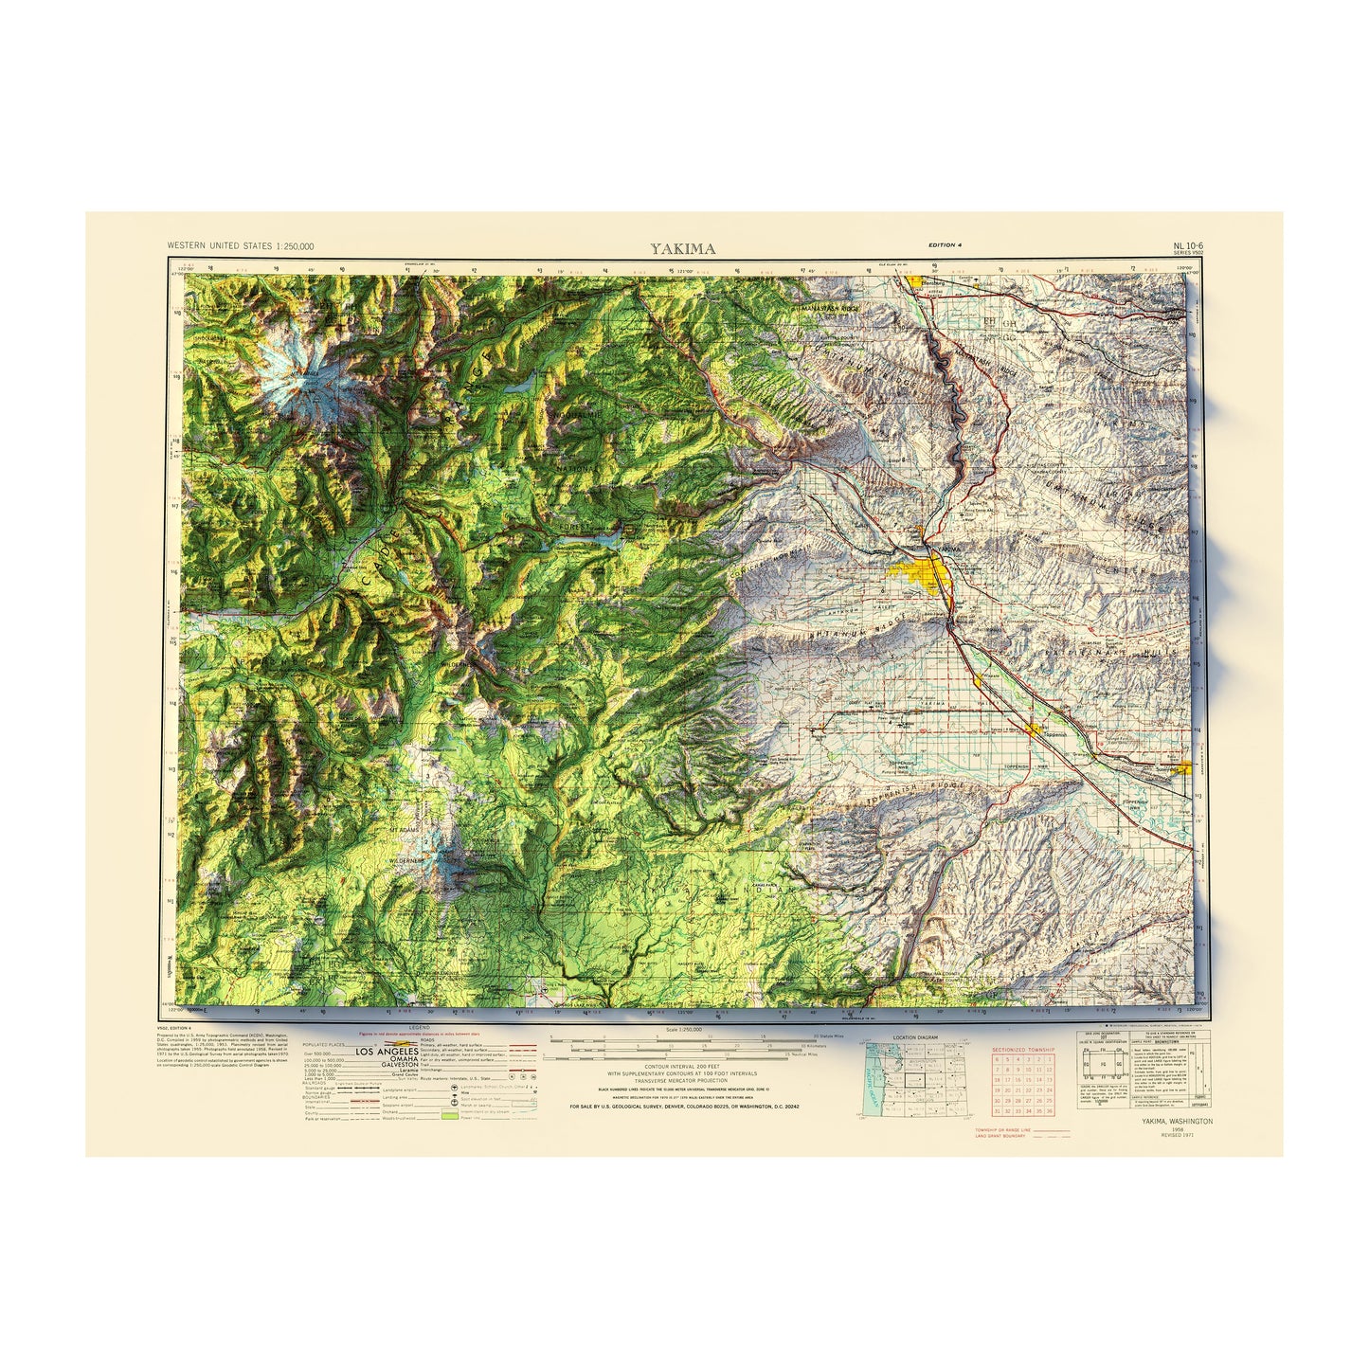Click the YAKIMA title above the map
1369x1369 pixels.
tap(682, 249)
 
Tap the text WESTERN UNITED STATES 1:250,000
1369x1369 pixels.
tap(241, 246)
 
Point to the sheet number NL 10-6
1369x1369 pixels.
tap(1187, 246)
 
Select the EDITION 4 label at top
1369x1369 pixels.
tap(946, 245)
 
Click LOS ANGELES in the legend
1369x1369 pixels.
tap(386, 1052)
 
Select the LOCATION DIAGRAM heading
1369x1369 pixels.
tap(915, 1037)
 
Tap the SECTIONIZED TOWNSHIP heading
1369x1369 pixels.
tap(1023, 1050)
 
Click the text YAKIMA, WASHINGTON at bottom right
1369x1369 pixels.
tap(1177, 1122)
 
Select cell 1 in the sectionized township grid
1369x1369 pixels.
tap(1049, 1059)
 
